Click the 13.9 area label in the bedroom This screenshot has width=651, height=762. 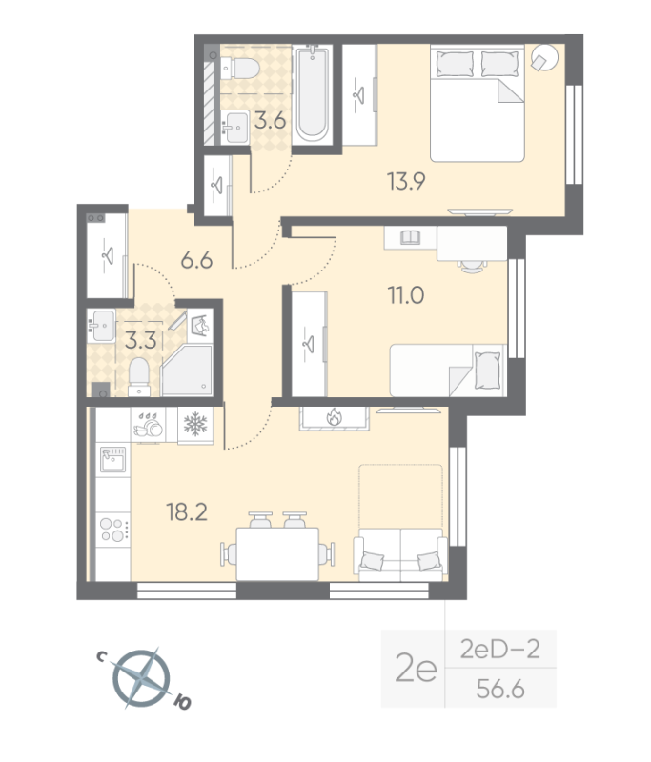[406, 181]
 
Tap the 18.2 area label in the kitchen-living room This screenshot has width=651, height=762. [187, 512]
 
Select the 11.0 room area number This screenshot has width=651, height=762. [405, 295]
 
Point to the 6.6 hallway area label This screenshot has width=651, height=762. [196, 260]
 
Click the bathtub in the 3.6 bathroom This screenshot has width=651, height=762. [312, 93]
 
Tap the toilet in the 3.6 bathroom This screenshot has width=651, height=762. [239, 69]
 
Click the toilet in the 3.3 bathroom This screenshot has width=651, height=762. [139, 376]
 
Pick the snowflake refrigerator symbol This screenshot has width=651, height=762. [195, 424]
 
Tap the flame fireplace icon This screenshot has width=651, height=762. [334, 416]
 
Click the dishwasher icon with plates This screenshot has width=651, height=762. [149, 425]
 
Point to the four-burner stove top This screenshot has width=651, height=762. [113, 530]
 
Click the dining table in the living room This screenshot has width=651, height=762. [277, 554]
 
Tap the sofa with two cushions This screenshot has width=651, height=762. [400, 555]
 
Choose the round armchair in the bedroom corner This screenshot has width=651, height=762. [544, 58]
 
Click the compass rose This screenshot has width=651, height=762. [141, 677]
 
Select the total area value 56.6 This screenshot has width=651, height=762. [500, 689]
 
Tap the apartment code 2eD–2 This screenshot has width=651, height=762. [499, 650]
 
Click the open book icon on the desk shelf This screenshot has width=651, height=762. [411, 237]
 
